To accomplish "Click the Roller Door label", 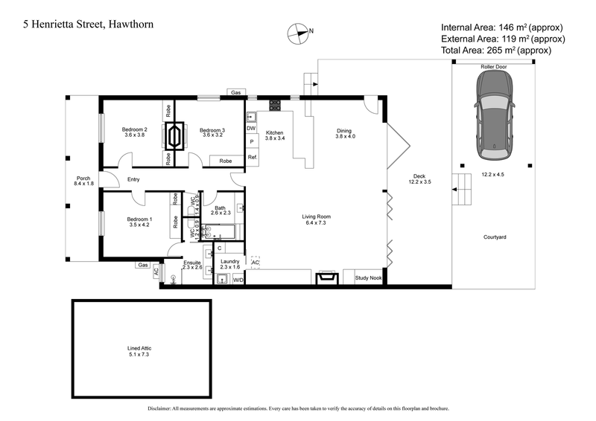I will coord(494,66).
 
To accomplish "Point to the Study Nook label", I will coord(368,278).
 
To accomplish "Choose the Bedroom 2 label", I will coord(135,129).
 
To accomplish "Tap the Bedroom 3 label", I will coord(212,129).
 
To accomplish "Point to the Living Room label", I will coord(317,216).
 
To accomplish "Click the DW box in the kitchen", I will coord(252,128).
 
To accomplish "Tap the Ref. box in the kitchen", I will coord(253,157).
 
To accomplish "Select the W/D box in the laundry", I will coord(238,280).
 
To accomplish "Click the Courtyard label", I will coord(495,237).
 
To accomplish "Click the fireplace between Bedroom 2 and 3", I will coord(175,136).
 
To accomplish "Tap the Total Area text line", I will coord(496,51).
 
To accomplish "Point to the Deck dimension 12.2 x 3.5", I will coord(422,181).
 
